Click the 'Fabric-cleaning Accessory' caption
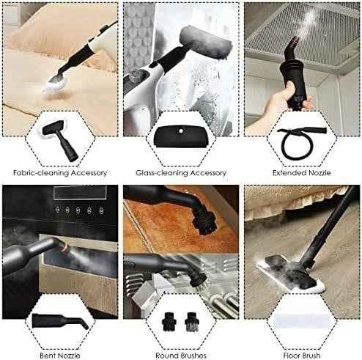point(60,173)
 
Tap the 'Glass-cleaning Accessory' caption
point(181,173)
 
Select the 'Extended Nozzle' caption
point(302,173)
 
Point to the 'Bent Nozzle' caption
point(60,355)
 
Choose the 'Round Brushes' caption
point(181,355)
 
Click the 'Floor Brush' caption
point(302,355)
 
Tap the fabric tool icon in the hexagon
point(60,141)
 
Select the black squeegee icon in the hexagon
point(181,137)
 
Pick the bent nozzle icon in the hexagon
point(60,321)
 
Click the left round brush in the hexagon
point(169,322)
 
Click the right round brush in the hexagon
point(192,322)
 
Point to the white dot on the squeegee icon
point(181,131)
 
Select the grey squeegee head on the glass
point(205,42)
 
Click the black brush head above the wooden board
point(204,222)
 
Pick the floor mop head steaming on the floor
point(291,273)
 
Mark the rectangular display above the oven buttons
point(80,193)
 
